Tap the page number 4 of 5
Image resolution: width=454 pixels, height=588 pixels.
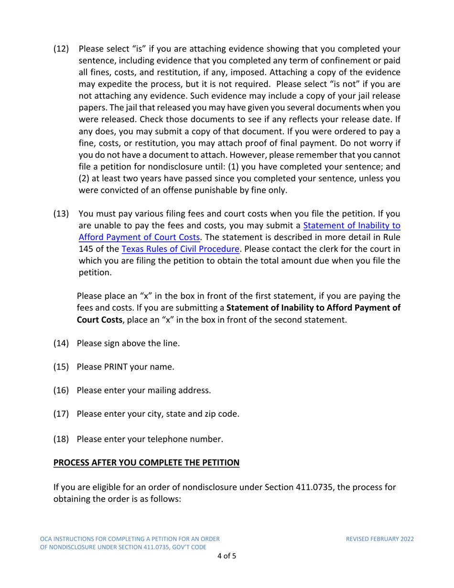coord(227,556)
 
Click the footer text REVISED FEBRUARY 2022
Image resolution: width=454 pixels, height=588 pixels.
coord(380,539)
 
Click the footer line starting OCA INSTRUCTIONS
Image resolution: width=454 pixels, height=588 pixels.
coord(130,539)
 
